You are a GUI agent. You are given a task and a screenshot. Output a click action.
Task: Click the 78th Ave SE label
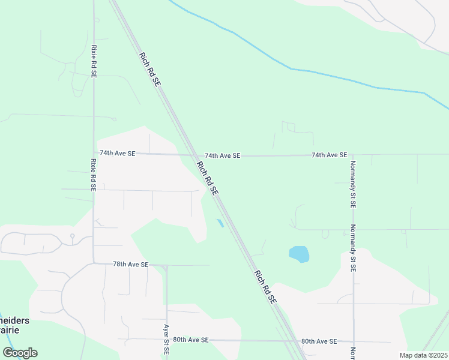point(130,264)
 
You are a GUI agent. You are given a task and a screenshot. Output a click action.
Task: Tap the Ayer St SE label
point(166,339)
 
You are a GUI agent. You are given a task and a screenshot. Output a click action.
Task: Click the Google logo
point(20,353)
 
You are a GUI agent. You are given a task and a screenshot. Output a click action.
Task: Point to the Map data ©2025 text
point(423,355)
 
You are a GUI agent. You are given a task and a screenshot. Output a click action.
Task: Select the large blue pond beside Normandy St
point(299,254)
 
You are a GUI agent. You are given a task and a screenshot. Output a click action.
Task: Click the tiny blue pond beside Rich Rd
point(220,223)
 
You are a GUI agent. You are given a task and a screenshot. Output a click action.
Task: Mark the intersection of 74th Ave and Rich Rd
point(193,155)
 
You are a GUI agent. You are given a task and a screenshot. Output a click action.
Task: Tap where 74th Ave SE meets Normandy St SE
point(353,155)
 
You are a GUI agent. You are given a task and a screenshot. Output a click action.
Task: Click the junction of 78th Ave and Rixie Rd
point(94,263)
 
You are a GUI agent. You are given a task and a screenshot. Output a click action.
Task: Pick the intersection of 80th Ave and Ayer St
point(166,340)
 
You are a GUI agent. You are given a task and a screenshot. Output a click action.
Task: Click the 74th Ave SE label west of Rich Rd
point(118,154)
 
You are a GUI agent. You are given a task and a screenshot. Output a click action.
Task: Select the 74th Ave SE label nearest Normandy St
point(329,155)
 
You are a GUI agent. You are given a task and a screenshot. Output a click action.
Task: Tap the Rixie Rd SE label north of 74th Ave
point(94,61)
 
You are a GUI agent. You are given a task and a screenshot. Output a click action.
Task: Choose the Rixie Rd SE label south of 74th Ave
point(94,175)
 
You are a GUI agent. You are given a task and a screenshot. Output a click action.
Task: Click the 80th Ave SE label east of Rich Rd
point(319,341)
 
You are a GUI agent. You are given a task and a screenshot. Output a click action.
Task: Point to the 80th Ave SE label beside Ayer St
point(190,340)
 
